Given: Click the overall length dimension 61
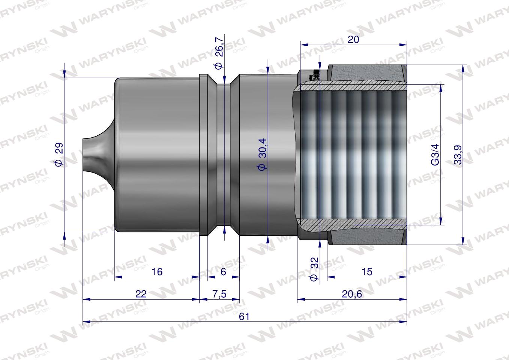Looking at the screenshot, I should [x=244, y=316].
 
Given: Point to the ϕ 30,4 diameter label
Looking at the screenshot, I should [x=262, y=154].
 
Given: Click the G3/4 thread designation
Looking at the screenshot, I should [x=435, y=154].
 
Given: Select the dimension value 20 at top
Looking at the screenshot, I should [x=353, y=39].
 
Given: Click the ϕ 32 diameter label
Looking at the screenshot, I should [x=314, y=269].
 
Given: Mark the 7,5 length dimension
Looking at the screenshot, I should [x=219, y=294].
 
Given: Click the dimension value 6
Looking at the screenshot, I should [x=223, y=271].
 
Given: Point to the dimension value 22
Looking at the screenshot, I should [x=141, y=294].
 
